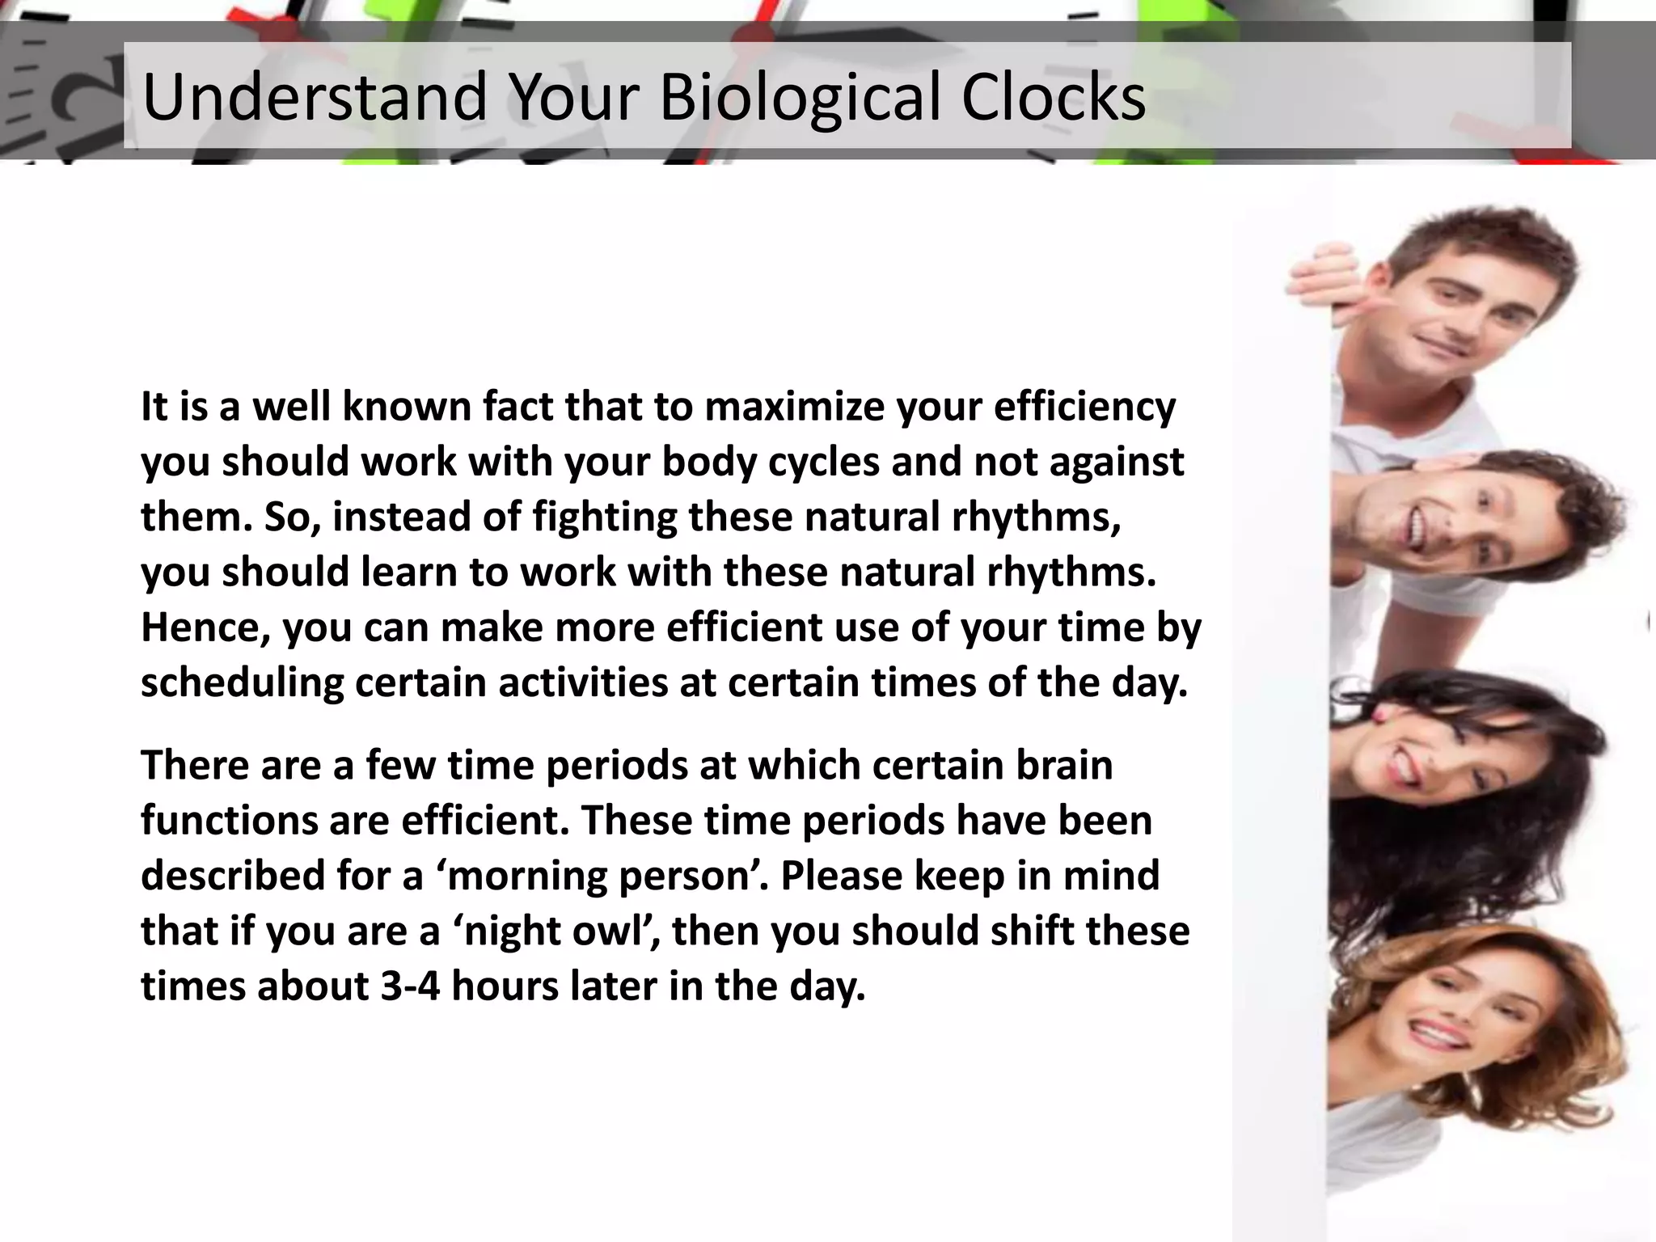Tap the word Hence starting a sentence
coord(205,628)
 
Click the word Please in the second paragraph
coord(841,877)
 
